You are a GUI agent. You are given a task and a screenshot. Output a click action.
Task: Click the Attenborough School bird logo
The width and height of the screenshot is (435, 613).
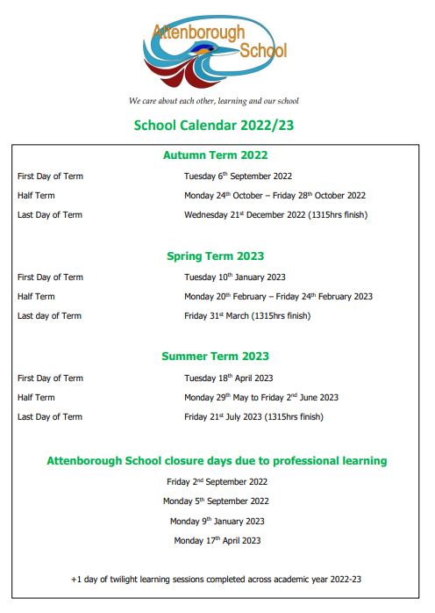[x=214, y=51]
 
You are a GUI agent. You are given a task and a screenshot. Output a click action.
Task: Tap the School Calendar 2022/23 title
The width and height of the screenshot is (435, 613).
[x=214, y=125]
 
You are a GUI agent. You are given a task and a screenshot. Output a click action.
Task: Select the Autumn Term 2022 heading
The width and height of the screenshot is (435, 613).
[x=215, y=155]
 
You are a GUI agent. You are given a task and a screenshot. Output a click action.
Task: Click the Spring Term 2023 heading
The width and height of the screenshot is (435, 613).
[x=215, y=256]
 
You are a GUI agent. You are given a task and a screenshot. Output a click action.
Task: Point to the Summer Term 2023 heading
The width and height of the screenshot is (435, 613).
[x=215, y=357]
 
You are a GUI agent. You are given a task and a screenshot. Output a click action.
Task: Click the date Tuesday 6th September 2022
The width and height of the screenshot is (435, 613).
[x=238, y=177]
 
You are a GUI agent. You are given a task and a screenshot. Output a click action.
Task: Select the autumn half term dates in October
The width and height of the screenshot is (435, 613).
[x=275, y=196]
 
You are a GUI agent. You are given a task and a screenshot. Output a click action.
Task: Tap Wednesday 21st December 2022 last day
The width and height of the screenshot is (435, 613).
[x=275, y=215]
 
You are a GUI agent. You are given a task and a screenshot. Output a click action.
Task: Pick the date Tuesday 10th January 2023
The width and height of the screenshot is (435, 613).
[x=234, y=278]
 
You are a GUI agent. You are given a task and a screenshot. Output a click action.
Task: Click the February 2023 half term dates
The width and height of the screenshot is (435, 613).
[x=278, y=297]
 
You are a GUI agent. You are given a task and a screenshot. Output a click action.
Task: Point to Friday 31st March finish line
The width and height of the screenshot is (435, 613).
[x=246, y=316]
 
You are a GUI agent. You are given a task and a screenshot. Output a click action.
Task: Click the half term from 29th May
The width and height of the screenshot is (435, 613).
[x=261, y=398]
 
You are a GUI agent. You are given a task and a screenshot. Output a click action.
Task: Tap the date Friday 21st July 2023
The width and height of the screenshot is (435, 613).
[x=253, y=417]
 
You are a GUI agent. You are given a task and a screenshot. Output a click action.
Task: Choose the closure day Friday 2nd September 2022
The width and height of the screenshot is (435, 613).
[x=217, y=482]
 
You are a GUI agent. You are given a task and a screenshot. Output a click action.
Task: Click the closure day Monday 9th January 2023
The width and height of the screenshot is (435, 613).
[x=217, y=522]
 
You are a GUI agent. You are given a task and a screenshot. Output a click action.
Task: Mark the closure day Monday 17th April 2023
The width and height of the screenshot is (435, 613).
[x=217, y=541]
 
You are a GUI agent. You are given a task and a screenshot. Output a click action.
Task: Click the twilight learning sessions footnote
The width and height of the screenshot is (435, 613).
[x=217, y=580]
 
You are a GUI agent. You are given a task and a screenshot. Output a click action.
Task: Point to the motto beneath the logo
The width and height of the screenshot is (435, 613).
[x=214, y=100]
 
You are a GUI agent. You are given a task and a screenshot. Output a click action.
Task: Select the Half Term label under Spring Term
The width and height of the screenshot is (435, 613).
[x=36, y=297]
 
